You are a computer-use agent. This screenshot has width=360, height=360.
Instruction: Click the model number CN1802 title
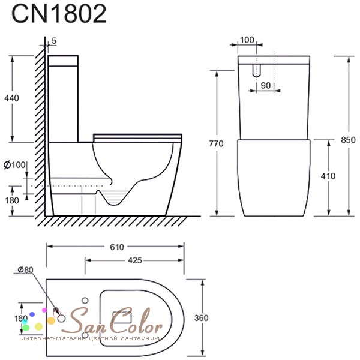coord(59,14)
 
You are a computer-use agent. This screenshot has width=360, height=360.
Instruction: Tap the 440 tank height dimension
coord(11,98)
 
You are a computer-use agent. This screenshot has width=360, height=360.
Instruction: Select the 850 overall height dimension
coord(348,140)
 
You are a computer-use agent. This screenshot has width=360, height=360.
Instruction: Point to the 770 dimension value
coord(216,144)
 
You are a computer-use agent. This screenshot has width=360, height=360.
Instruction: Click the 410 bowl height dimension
coord(328,176)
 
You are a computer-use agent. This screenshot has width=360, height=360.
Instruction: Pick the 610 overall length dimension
coord(117,247)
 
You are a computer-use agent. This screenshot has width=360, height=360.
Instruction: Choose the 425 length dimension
coord(135,260)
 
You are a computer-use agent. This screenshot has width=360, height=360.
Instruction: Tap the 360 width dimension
coord(202,318)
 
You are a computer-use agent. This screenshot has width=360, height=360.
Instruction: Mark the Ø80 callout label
coord(25,270)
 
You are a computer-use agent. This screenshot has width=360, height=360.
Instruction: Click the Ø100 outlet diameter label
coord(14,164)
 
